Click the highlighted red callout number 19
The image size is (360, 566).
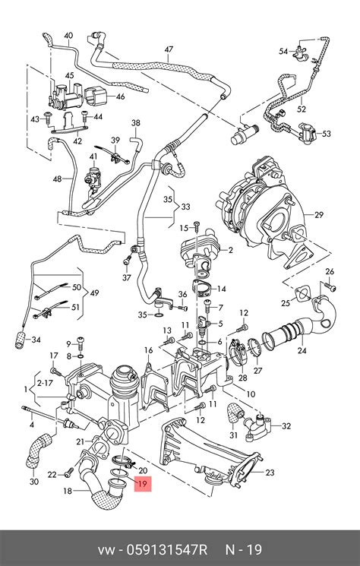pos(142,482)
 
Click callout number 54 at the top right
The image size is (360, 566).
pos(283,52)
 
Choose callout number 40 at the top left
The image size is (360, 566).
pos(68,36)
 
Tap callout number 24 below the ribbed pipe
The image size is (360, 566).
pos(302,350)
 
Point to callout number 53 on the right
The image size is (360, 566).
pos(326,134)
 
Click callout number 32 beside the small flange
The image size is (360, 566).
pos(286,426)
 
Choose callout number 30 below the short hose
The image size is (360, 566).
pos(33,482)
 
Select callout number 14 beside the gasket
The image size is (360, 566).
pos(220,289)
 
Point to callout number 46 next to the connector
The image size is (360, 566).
pos(120,97)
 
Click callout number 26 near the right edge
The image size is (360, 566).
pos(330,271)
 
